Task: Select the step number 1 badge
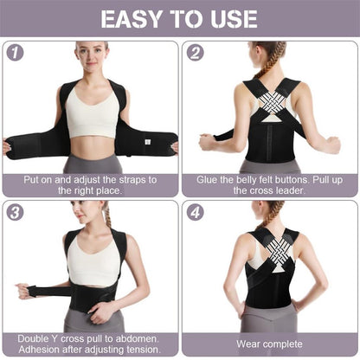pos(15,52)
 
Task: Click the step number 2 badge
pos(195,52)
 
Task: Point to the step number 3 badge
pos(15,212)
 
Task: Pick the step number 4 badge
pos(195,212)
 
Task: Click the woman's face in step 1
pos(90,59)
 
